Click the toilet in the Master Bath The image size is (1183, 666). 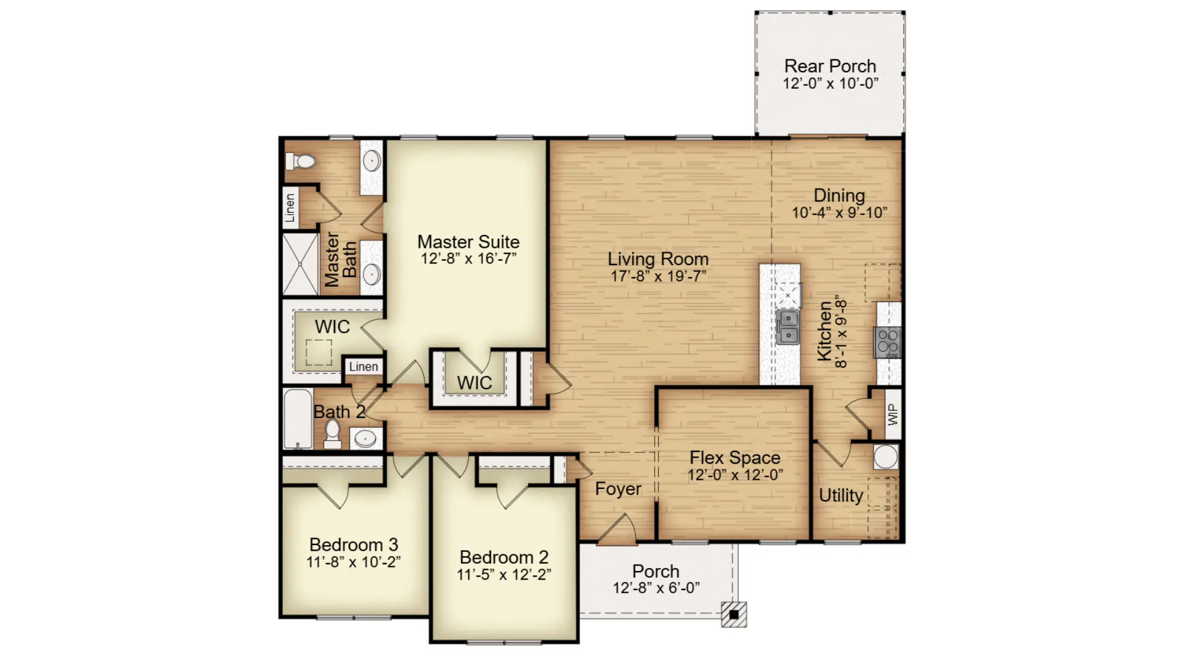pyautogui.click(x=300, y=162)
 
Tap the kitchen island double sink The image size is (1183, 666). pyautogui.click(x=788, y=327)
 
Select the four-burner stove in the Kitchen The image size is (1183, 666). pyautogui.click(x=888, y=343)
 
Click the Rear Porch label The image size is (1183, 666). pyautogui.click(x=830, y=66)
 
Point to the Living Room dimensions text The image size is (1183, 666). pyautogui.click(x=658, y=276)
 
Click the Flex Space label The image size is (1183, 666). pyautogui.click(x=735, y=458)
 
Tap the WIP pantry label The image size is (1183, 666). pyautogui.click(x=893, y=414)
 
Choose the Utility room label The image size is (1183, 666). pyautogui.click(x=841, y=495)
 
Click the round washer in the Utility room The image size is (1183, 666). pyautogui.click(x=885, y=457)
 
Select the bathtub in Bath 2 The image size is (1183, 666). pyautogui.click(x=298, y=419)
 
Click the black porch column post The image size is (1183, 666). pyautogui.click(x=734, y=615)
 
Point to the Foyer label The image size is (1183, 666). pyautogui.click(x=618, y=489)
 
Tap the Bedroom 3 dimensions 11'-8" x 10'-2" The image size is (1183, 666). pyautogui.click(x=354, y=562)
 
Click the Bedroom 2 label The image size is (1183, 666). pyautogui.click(x=504, y=557)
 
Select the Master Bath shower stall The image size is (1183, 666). pyautogui.click(x=301, y=264)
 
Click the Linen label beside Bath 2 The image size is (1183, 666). pyautogui.click(x=364, y=367)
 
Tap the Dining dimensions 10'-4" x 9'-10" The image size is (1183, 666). pyautogui.click(x=839, y=213)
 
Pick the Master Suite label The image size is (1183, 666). pyautogui.click(x=468, y=242)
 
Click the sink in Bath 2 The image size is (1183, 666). pyautogui.click(x=366, y=438)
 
